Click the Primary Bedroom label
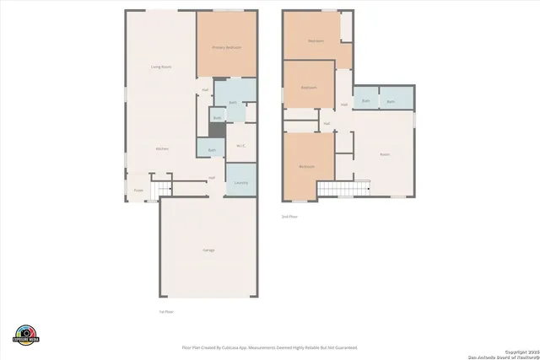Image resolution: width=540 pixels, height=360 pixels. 226,47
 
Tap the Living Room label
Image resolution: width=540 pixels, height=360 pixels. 161,67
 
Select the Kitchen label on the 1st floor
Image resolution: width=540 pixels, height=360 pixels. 161,148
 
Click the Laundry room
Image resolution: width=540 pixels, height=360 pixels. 240,182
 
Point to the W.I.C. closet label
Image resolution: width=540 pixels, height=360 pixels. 240,144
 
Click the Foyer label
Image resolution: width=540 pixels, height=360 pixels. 138,191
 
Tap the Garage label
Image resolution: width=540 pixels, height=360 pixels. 208,250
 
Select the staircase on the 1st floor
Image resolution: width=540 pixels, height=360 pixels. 160,187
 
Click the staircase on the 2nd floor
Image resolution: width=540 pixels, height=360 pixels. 343,189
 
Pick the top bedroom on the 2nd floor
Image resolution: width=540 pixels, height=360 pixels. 316,40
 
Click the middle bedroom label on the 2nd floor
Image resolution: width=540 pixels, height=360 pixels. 309,87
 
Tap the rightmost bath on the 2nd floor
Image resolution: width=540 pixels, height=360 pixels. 391,101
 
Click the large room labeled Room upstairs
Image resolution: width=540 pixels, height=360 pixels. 385,154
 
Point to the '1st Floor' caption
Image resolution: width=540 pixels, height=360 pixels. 166,312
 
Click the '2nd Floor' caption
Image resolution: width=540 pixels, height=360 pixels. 289,217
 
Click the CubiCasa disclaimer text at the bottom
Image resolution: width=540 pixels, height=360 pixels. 270,347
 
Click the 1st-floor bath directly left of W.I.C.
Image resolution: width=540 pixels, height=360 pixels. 212,150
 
